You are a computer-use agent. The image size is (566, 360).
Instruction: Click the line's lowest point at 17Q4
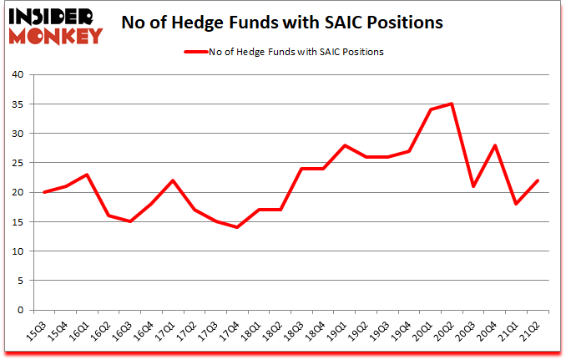point(237,227)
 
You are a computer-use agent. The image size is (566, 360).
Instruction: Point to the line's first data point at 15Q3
point(43,192)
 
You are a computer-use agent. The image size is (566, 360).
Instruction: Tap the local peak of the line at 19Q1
point(345,145)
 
